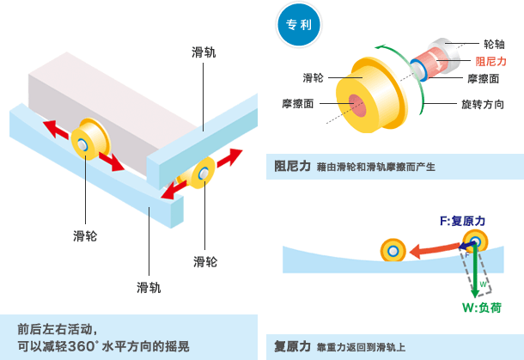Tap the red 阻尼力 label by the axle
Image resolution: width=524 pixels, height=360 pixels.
[x=490, y=61]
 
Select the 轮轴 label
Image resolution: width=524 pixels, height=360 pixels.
[x=494, y=43]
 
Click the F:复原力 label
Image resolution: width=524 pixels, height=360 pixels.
[x=462, y=222]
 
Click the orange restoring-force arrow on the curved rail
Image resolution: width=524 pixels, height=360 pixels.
[x=434, y=249]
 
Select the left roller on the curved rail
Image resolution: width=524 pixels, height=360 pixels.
[x=393, y=250]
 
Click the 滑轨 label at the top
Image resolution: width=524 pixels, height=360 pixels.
[x=204, y=52]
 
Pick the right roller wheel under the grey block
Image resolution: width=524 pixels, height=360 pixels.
[x=204, y=174]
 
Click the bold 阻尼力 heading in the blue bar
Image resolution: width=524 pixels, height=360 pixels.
[x=292, y=166]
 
